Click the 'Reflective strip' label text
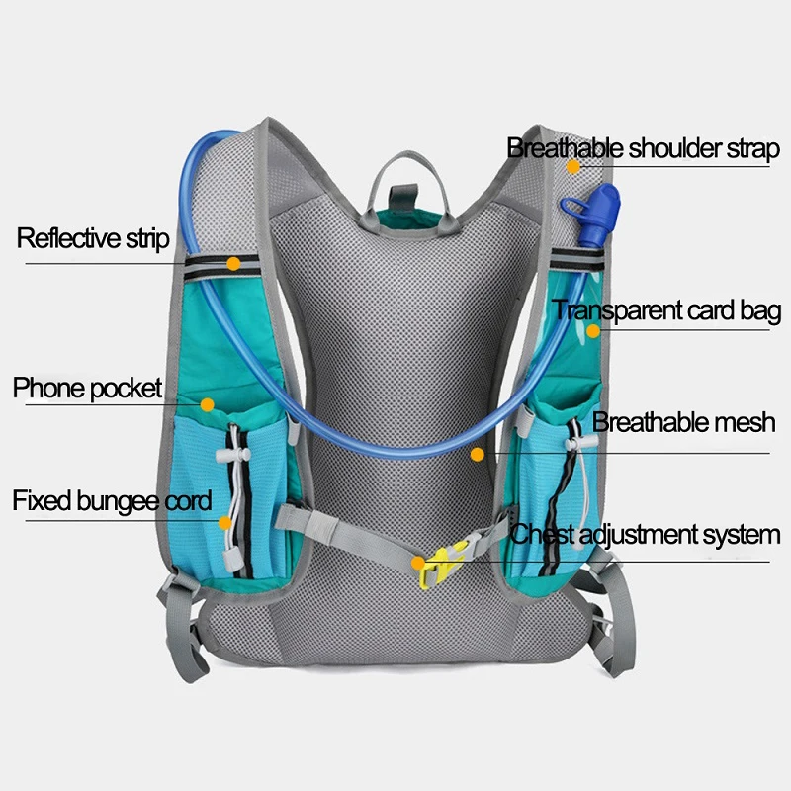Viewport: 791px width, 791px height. (93, 238)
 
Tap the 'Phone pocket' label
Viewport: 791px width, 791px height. (87, 388)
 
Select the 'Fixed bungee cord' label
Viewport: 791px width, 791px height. (112, 500)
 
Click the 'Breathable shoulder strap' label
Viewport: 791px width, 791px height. (643, 148)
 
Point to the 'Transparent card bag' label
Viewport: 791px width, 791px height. (667, 310)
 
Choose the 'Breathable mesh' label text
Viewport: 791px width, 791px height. (683, 423)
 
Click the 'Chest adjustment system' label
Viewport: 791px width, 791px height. (645, 535)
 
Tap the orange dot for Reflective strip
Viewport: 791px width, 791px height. (233, 264)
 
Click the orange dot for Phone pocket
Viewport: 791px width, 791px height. (207, 404)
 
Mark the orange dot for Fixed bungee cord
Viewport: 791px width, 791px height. (225, 522)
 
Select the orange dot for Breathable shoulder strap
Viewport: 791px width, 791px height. (573, 166)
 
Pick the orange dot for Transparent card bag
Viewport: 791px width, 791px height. (593, 330)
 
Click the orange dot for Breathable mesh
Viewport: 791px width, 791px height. (478, 454)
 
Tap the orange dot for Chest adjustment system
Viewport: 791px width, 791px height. (419, 563)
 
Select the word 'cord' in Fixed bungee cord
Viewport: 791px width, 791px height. (187, 500)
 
